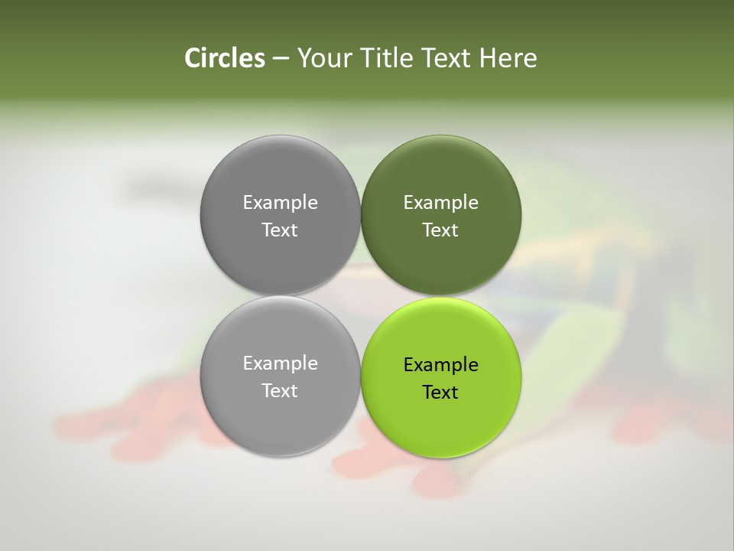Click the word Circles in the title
[x=225, y=58]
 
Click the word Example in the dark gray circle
[x=280, y=202]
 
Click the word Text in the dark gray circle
[x=280, y=230]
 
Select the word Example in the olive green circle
[x=440, y=202]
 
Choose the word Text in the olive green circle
[x=440, y=230]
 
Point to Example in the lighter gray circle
[x=280, y=363]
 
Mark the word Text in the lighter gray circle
[x=280, y=390]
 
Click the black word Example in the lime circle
[x=440, y=364]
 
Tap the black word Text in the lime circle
[x=440, y=392]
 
